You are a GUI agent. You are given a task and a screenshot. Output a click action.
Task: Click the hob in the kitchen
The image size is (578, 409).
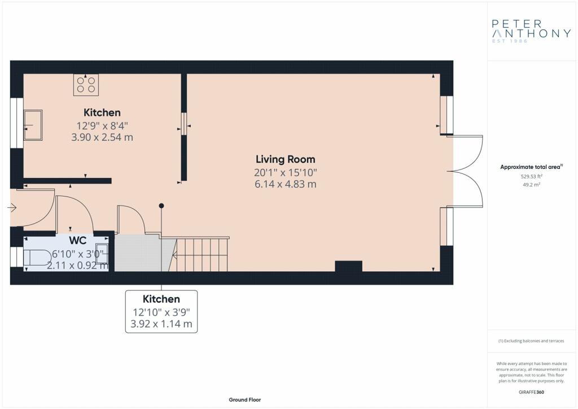click(86, 85)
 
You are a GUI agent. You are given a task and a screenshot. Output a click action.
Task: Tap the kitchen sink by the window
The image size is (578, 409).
click(33, 125)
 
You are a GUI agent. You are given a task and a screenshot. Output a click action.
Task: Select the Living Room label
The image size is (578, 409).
click(285, 159)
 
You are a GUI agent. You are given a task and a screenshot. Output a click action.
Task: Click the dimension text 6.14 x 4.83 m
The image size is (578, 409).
click(285, 184)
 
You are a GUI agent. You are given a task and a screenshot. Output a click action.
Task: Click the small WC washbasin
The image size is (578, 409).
click(102, 253)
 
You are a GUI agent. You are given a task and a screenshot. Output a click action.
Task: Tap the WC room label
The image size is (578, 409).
click(78, 241)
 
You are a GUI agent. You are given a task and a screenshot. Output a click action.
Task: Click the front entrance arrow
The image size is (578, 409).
click(12, 208)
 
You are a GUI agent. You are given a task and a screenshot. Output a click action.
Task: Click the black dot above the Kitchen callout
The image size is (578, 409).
click(161, 206)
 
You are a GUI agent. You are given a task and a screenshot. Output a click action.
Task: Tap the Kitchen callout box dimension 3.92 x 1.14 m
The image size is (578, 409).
click(161, 324)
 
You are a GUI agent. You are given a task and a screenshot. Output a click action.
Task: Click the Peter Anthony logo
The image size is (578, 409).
click(531, 31)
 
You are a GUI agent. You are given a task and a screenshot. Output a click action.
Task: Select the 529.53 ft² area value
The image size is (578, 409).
click(531, 176)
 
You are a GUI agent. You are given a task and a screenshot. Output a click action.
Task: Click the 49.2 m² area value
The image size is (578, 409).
click(531, 185)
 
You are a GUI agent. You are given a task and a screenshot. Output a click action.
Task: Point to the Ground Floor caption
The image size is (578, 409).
click(245, 400)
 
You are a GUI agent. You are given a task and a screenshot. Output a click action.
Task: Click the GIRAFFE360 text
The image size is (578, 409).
click(531, 392)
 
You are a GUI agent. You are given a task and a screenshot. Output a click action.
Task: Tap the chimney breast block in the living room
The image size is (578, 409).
click(348, 266)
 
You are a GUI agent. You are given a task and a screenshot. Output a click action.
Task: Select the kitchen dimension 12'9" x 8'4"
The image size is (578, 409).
click(102, 126)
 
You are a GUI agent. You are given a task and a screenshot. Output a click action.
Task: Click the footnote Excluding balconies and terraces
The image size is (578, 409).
click(531, 341)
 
